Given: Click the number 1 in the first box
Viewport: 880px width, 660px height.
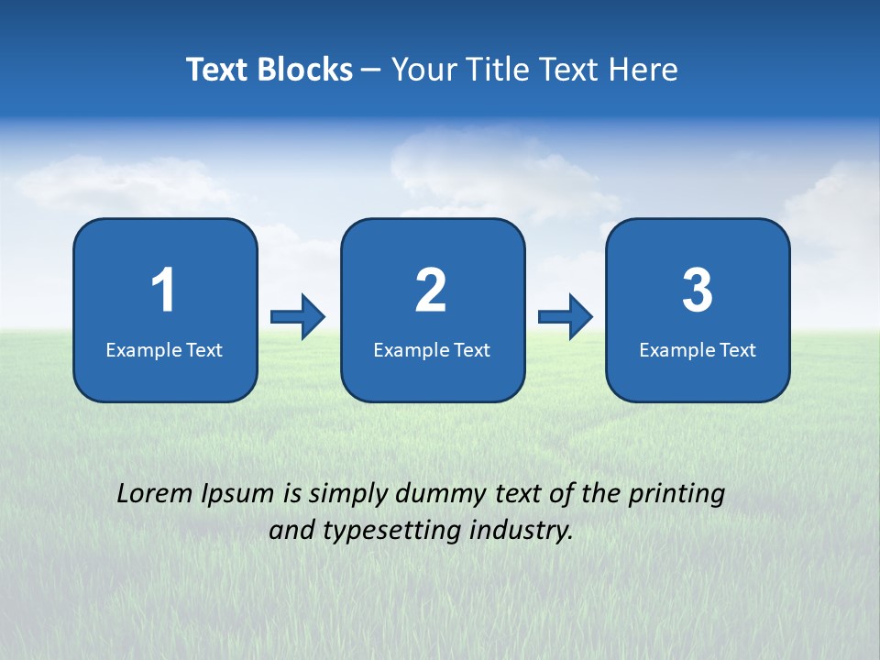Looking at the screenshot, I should [164, 291].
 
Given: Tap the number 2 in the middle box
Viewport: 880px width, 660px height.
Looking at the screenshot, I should [431, 291].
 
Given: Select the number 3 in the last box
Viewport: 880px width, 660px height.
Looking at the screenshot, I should [698, 291].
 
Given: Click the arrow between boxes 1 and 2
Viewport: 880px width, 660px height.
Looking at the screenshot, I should [298, 317].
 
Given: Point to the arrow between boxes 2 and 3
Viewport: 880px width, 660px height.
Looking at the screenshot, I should [566, 317].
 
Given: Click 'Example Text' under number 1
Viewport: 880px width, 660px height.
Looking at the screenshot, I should [164, 350].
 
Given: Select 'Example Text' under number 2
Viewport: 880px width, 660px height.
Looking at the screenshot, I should [432, 350].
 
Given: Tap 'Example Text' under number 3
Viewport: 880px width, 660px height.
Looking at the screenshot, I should [698, 350].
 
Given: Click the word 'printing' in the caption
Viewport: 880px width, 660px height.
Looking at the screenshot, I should [676, 495].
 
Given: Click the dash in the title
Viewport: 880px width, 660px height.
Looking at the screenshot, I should [370, 71].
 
